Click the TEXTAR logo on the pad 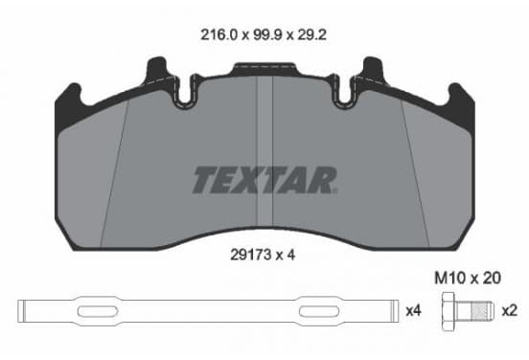pyautogui.click(x=264, y=180)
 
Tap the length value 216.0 pyautogui.click(x=219, y=34)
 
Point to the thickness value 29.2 pyautogui.click(x=311, y=34)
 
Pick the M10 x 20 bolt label pyautogui.click(x=468, y=279)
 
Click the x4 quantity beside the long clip pyautogui.click(x=413, y=310)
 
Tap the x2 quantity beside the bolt pyautogui.click(x=509, y=310)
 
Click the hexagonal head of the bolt pyautogui.click(x=448, y=311)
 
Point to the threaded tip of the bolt pyautogui.click(x=482, y=311)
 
